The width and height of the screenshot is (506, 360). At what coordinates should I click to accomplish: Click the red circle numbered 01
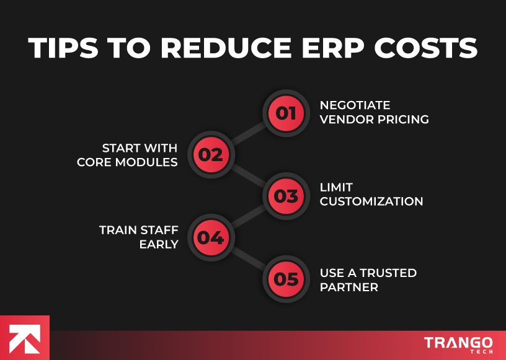[x=286, y=113]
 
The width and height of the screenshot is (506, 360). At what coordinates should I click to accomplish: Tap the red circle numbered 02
[x=211, y=154]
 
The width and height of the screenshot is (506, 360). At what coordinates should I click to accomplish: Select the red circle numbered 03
[x=286, y=196]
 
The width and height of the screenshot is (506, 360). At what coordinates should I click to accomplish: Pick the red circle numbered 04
[x=211, y=237]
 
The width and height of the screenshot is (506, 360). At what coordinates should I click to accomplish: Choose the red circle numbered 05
[x=286, y=279]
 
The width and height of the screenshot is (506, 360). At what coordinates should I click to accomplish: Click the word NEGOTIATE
[x=355, y=105]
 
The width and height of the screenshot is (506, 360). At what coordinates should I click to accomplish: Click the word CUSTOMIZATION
[x=371, y=201]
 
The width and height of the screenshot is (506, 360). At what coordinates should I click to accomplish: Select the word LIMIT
[x=336, y=187]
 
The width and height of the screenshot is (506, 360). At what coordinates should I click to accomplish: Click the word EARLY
[x=159, y=244]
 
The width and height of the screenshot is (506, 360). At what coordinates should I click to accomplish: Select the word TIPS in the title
[x=66, y=48]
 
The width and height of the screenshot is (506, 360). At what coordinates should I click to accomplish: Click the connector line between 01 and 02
[x=248, y=134]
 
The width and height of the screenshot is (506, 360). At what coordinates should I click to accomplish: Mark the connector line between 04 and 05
[x=248, y=258]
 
